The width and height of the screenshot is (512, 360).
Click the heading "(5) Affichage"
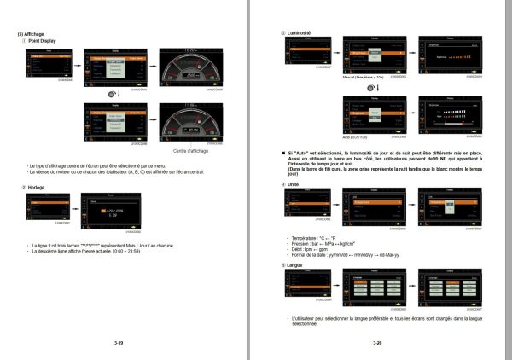(x=31, y=34)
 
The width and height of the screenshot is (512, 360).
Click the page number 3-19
(x=119, y=342)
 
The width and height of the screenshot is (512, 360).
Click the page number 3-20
(x=377, y=342)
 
